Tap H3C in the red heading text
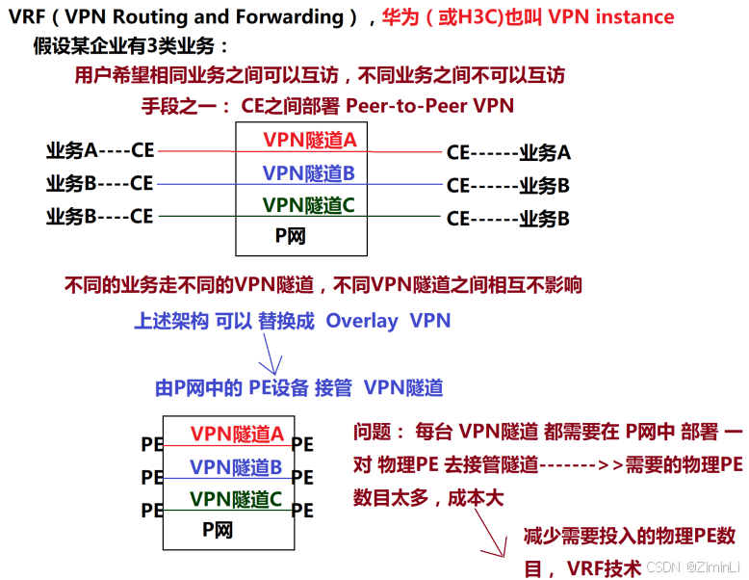(478, 17)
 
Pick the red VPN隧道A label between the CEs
(309, 140)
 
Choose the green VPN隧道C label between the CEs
(309, 204)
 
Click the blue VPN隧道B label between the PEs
(236, 467)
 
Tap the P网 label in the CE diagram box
(291, 234)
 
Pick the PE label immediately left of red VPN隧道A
(152, 444)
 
